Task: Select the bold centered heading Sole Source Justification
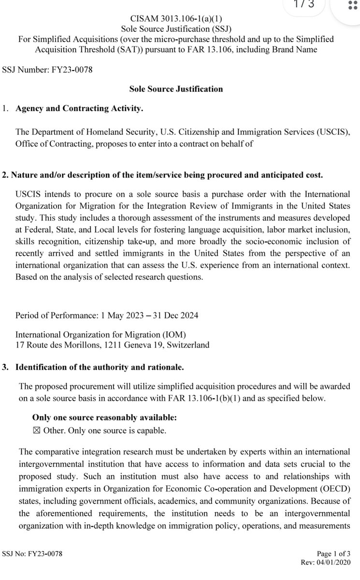176,89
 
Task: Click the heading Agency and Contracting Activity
79,109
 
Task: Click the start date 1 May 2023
117,316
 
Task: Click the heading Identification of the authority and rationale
100,367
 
